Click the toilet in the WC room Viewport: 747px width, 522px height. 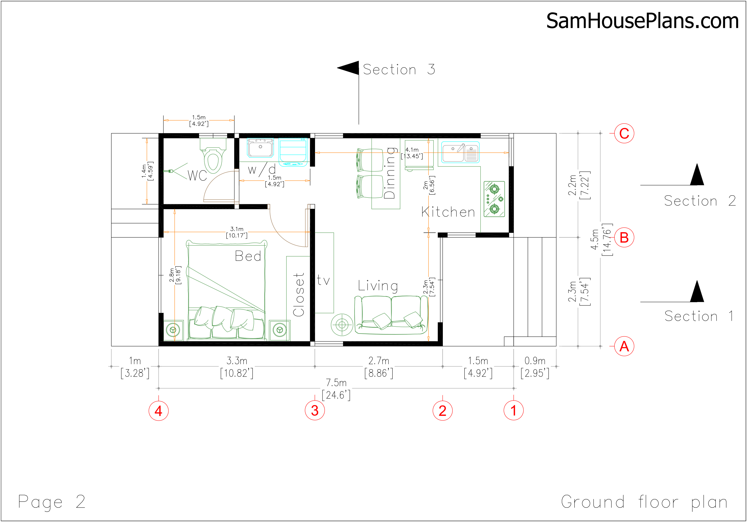tap(213, 156)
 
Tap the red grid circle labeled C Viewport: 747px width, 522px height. tap(624, 133)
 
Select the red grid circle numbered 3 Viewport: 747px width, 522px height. tap(315, 411)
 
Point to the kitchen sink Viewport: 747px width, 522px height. tap(460, 152)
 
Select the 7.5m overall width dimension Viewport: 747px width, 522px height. tap(336, 389)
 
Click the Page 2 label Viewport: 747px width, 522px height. tap(52, 502)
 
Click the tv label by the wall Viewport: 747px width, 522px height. tap(323, 280)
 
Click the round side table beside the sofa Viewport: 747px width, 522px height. tap(342, 324)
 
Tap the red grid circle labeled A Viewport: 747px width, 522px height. tap(624, 346)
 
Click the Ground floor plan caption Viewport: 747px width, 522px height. tap(644, 502)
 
